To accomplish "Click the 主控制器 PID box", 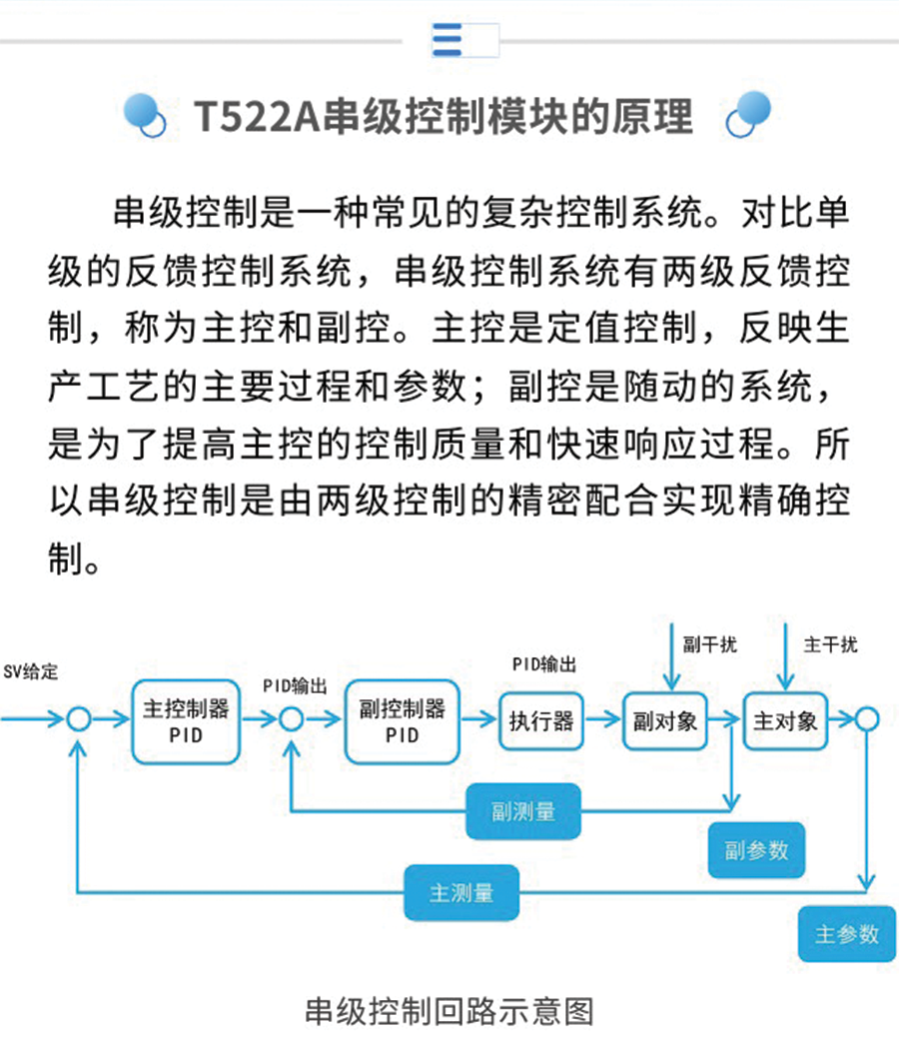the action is [x=186, y=721].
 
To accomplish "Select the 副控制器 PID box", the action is [x=402, y=721].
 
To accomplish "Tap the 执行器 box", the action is [x=540, y=721].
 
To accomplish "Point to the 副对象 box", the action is [x=664, y=721].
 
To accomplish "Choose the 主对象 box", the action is [x=785, y=721].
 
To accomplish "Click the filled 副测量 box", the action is [x=523, y=811].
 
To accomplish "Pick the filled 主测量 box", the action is [x=461, y=892].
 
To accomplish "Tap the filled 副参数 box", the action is [x=756, y=850].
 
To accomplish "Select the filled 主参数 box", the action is [x=847, y=934].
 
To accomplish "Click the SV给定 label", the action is [x=31, y=671].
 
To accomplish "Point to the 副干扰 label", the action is [x=709, y=644].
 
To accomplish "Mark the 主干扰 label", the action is [x=830, y=644].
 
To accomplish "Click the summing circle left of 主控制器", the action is [x=79, y=719].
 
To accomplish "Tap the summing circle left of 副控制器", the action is [x=291, y=719].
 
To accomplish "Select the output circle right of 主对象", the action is [x=866, y=719].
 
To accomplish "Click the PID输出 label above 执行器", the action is [x=544, y=664].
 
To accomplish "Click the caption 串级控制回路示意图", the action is [x=449, y=1011].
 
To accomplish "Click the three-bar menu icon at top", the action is [x=448, y=40].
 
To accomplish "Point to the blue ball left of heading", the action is [x=144, y=114].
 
